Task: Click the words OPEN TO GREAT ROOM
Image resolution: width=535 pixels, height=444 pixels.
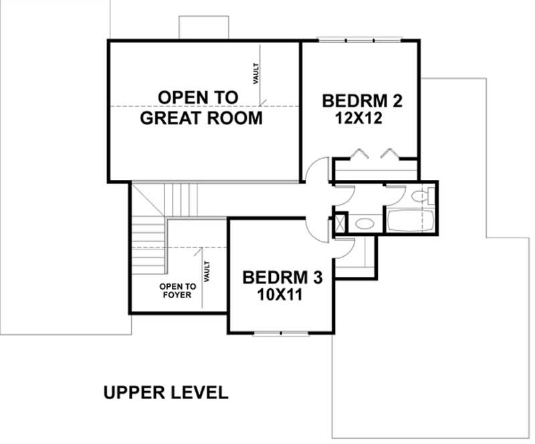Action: point(201,108)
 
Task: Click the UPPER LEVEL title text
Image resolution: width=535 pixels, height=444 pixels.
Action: point(166,392)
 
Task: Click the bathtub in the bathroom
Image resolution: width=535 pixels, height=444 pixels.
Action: point(409,221)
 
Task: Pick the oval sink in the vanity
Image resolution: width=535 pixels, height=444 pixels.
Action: point(364,223)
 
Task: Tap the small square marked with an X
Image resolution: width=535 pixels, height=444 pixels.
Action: point(340,222)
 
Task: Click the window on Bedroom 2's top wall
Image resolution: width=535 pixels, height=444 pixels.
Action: point(360,40)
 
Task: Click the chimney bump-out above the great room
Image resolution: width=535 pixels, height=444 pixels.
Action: point(204,28)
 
